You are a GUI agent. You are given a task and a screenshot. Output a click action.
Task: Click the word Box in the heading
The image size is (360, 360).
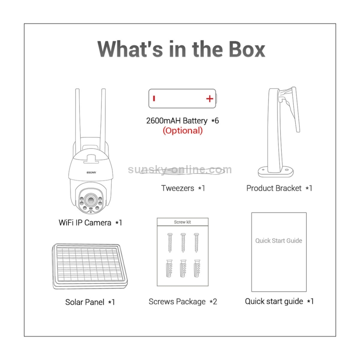coord(247,49)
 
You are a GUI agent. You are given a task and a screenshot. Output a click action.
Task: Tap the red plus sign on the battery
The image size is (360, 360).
coord(210,99)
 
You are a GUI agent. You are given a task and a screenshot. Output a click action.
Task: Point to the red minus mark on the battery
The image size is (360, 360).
coord(154,98)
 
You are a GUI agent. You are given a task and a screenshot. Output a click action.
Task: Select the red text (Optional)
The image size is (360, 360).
coord(183,131)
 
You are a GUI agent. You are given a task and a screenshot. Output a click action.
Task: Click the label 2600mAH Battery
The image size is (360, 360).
coord(177,121)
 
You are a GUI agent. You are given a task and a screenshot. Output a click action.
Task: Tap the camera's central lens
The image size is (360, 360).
coord(91,200)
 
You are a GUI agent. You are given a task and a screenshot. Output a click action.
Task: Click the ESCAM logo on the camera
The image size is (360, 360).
coord(91,172)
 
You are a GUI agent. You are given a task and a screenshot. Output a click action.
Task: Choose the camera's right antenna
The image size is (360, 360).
coord(103,120)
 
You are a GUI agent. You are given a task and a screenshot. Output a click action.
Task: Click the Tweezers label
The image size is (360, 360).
coord(178,188)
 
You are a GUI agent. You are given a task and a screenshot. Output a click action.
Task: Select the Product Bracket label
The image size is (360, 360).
coord(274,188)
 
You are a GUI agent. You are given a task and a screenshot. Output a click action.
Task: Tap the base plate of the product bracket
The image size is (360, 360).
coord(276,172)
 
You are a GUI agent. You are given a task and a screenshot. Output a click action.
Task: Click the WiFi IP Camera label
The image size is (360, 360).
coord(84,223)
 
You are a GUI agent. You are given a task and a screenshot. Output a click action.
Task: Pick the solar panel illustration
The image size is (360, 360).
coord(90,266)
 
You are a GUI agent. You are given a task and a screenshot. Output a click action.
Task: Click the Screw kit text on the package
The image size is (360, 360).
coord(182,222)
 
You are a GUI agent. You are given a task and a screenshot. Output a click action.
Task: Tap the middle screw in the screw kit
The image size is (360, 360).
coord(183,242)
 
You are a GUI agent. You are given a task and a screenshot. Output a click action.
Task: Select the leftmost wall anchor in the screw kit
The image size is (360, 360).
coord(169,268)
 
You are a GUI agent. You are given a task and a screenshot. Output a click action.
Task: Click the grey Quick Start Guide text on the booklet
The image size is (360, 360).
coord(279,240)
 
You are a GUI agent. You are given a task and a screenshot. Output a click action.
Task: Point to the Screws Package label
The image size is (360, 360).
coord(177,302)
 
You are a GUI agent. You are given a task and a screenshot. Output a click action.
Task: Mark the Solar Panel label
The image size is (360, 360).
coord(84,302)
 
